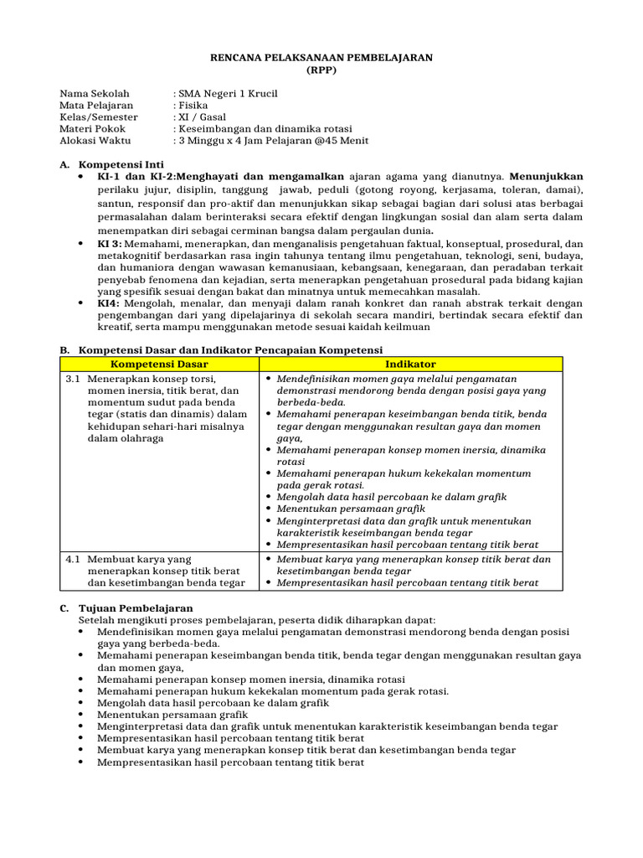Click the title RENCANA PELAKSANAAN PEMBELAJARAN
click(321, 57)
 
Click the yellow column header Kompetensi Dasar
click(159, 364)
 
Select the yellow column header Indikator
click(410, 364)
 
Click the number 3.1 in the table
click(73, 379)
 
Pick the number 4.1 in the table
click(73, 559)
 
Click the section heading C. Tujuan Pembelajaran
click(126, 607)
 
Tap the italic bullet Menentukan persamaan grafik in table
click(351, 508)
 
